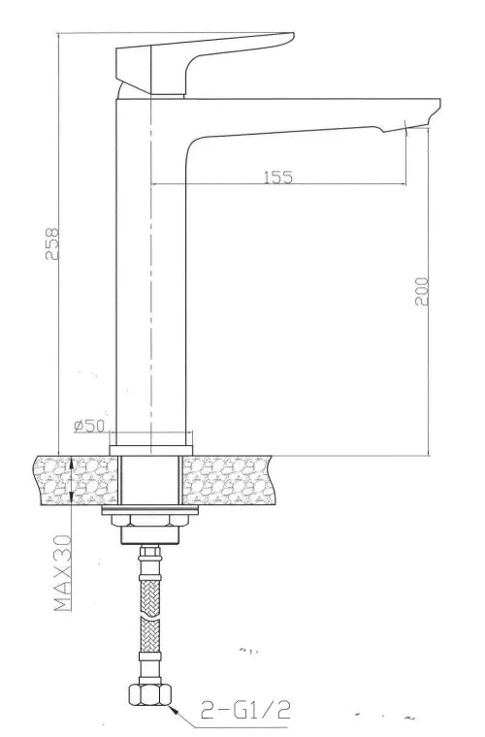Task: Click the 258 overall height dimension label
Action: point(52,243)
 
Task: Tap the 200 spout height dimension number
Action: point(421,292)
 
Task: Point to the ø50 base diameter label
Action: point(88,426)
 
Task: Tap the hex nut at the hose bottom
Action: point(150,694)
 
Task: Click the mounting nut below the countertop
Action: point(150,524)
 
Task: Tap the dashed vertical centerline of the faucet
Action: point(151,291)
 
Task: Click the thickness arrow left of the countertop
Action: point(76,480)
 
